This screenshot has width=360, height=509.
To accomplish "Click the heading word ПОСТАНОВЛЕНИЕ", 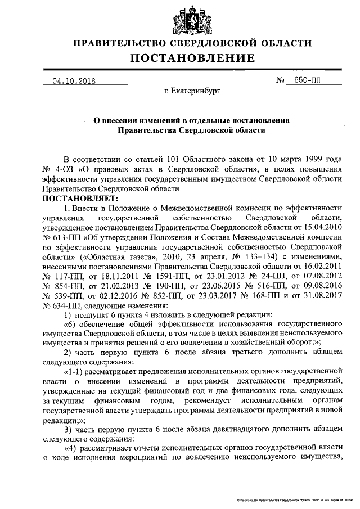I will (193, 58).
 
